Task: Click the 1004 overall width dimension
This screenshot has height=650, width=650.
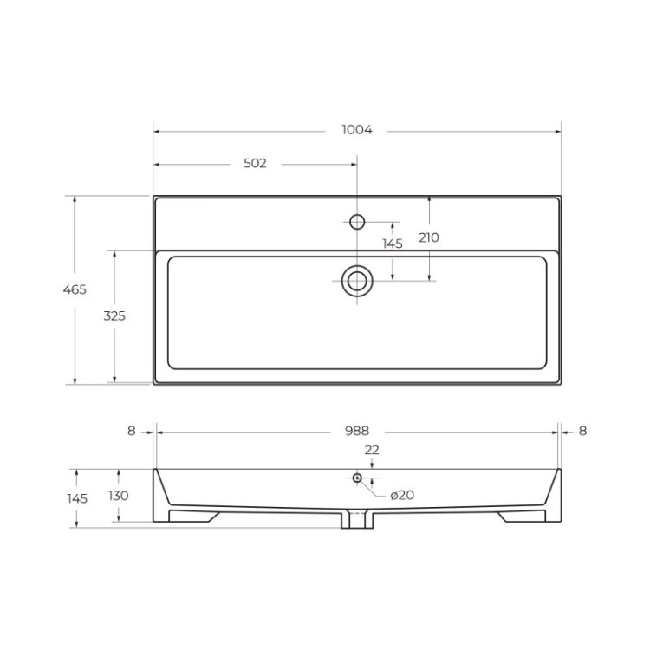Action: (x=356, y=131)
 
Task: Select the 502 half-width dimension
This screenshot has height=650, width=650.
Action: (x=255, y=163)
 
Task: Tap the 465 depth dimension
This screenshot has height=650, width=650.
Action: (x=75, y=289)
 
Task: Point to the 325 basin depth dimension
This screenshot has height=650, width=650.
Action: (x=114, y=316)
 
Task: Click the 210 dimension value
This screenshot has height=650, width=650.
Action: (x=428, y=237)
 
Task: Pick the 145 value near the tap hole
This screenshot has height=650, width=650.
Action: (x=393, y=244)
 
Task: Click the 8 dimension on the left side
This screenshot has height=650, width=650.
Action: (x=132, y=431)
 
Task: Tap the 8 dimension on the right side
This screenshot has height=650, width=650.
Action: (x=582, y=431)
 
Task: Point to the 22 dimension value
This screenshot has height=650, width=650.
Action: (x=372, y=450)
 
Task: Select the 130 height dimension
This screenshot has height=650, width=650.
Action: (x=119, y=496)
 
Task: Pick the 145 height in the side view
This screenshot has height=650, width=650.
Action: (x=77, y=498)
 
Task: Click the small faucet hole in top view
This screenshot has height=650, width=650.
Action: (x=356, y=220)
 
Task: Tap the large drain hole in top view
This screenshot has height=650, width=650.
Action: (x=356, y=280)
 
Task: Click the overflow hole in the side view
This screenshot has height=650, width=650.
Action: (x=357, y=478)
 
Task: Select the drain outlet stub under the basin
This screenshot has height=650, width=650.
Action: (x=356, y=520)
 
